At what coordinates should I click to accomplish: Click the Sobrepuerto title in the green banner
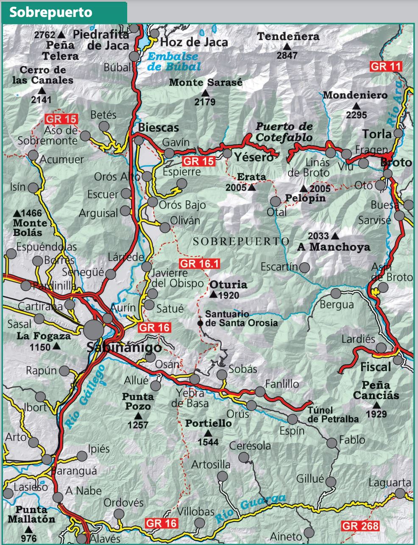[50, 12]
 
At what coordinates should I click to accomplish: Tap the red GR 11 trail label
[385, 66]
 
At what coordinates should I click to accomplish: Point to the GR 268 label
[360, 526]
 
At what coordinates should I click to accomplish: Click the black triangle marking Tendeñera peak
[287, 47]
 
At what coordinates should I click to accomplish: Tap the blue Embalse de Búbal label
[174, 61]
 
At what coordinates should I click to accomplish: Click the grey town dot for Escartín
[304, 267]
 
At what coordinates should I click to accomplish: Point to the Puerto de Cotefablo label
[284, 132]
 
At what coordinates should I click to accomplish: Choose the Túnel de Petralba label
[333, 414]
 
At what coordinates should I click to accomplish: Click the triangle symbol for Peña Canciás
[376, 405]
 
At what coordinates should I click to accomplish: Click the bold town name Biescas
[159, 128]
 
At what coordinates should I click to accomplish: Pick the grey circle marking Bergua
[336, 293]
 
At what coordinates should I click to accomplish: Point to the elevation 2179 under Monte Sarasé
[205, 102]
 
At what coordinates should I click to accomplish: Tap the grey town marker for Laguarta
[400, 493]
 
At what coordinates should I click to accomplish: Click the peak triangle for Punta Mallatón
[28, 529]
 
